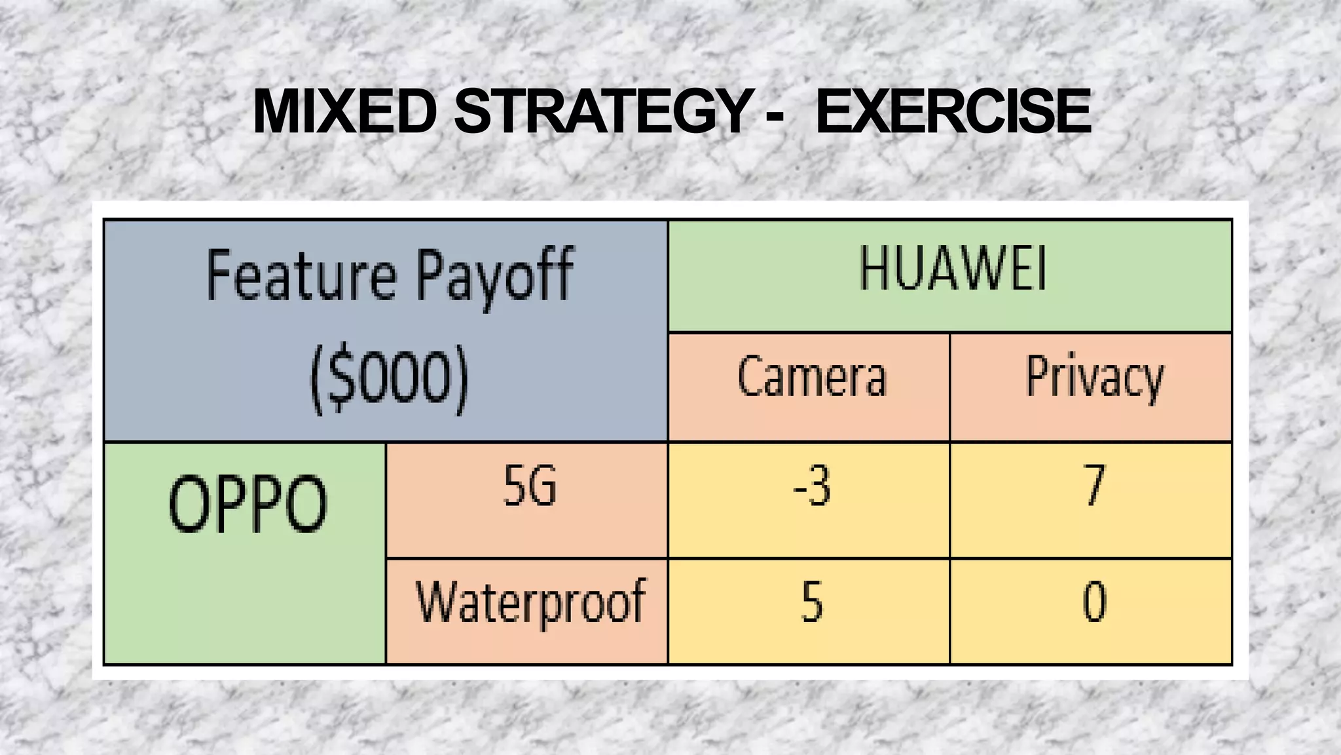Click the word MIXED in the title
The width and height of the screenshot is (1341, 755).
coord(344,111)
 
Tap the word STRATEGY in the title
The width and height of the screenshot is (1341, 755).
coord(602,111)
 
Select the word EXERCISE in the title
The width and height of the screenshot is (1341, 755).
coord(953,111)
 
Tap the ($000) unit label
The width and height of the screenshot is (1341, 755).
coord(389,379)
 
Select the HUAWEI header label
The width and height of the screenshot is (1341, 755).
coord(953,269)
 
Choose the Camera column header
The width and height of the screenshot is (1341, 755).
coord(811,377)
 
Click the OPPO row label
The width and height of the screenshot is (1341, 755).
coord(248,504)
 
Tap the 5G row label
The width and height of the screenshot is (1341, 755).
coord(530,486)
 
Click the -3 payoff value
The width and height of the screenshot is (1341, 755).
coord(811,486)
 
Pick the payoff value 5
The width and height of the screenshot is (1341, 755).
coord(811,602)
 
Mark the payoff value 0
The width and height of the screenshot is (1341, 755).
coord(1094,602)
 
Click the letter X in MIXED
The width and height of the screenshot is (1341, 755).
coord(338,111)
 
